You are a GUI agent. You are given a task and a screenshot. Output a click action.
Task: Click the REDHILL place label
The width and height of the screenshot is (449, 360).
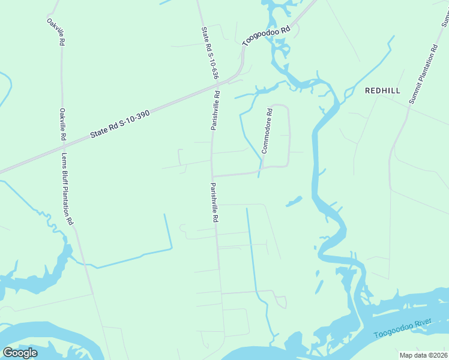point(382,91)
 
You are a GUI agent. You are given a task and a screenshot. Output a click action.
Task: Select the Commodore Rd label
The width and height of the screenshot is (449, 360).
point(267,130)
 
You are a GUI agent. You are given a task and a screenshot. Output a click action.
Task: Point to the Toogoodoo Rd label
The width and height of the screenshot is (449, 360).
point(267,36)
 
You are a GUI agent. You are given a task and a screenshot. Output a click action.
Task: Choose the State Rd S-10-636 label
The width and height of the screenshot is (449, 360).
point(209,53)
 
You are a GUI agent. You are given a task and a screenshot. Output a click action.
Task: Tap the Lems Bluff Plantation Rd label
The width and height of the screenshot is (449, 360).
point(67,188)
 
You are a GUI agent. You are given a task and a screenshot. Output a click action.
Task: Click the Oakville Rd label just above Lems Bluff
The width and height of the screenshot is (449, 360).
point(62,124)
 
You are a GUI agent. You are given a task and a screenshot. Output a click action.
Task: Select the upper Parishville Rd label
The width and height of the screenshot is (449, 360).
point(215,110)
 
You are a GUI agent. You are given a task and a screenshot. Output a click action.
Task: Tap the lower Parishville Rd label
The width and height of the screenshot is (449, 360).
point(213,203)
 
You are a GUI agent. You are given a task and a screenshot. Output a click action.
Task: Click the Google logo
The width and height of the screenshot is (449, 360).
point(20,353)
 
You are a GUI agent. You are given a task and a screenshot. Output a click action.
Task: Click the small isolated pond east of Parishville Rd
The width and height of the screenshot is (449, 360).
point(294,202)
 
